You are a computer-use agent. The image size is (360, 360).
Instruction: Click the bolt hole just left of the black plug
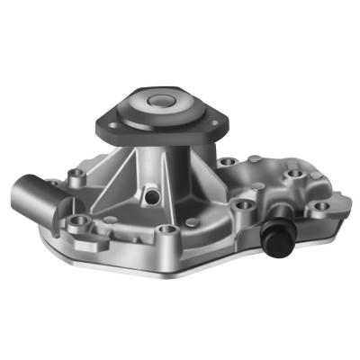pos(242,206)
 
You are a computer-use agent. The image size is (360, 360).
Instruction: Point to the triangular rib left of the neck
pos(121,171)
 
